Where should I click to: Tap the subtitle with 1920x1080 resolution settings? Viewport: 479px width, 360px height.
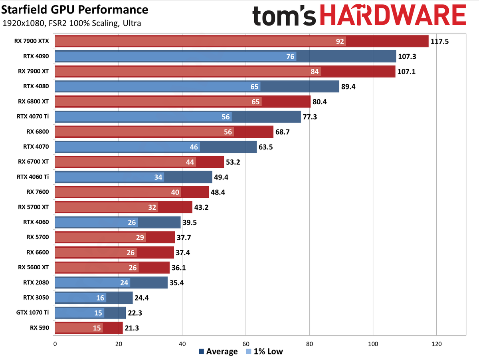click(71, 23)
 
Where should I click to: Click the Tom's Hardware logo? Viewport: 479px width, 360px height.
click(359, 17)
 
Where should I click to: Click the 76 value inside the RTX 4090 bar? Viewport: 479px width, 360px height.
click(291, 56)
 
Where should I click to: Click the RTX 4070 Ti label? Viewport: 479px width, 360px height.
click(33, 117)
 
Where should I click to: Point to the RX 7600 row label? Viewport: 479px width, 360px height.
click(38, 192)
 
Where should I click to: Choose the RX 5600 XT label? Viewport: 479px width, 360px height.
click(34, 267)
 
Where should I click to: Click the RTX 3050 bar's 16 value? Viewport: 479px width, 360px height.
click(100, 298)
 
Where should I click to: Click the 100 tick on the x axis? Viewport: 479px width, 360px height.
click(372, 343)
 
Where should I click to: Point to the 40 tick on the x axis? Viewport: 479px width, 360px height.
click(182, 343)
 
